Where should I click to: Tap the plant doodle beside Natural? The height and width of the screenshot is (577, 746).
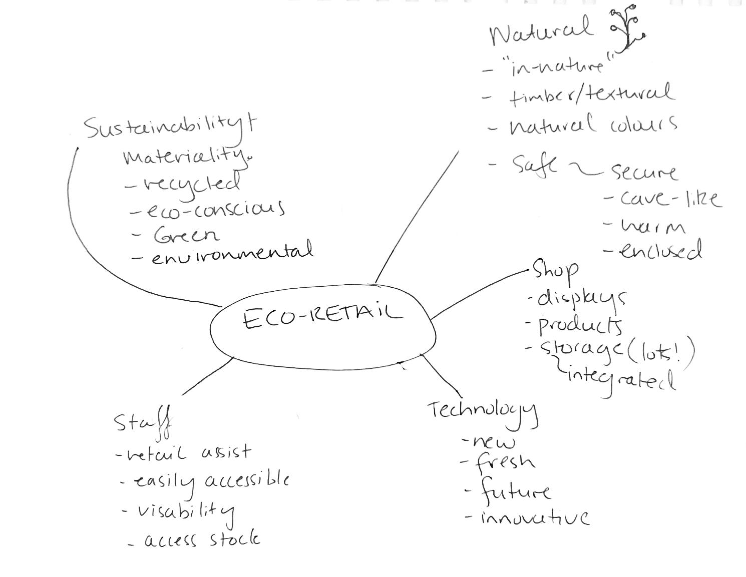pos(626,29)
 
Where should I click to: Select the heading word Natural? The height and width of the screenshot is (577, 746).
pos(541,32)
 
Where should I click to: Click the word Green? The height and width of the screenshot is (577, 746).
pos(186,235)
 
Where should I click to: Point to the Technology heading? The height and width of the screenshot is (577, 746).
pos(483,412)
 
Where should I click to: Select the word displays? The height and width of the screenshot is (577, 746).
pos(581,299)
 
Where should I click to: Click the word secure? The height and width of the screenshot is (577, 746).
pos(644,172)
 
